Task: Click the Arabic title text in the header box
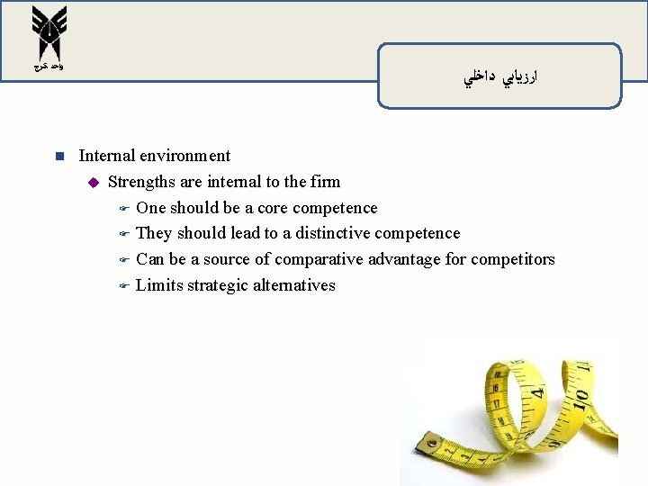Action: (x=499, y=79)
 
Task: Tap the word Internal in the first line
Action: (x=107, y=156)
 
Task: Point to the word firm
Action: (x=325, y=182)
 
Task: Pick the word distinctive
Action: (x=331, y=233)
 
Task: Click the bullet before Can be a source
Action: (x=125, y=260)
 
